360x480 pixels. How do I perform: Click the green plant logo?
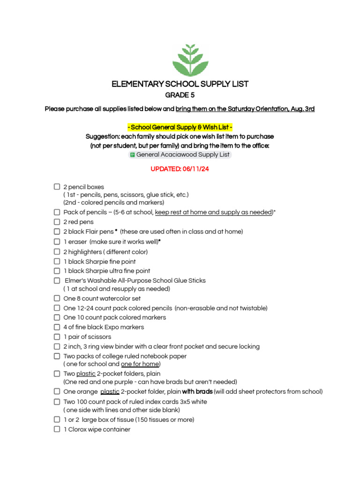tap(190, 60)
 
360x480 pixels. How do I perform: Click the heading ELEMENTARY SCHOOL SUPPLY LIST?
tap(180, 84)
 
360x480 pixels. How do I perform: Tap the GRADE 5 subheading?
tap(180, 95)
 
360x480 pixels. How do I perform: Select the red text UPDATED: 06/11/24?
tap(180, 169)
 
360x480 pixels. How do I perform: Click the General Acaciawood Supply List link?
tap(183, 155)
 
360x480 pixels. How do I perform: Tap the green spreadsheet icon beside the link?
tap(132, 155)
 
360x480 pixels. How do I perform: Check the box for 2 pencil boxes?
tap(57, 187)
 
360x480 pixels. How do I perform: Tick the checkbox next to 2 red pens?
tap(57, 222)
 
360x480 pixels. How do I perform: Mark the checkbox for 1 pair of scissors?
tap(57, 337)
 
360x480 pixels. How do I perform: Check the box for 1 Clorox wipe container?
tap(57, 429)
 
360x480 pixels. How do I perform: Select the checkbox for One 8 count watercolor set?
tap(57, 298)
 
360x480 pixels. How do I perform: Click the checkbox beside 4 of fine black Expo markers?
tap(57, 327)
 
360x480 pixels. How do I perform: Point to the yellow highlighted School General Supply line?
tap(180, 127)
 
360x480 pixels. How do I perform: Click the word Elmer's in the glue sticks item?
tap(75, 280)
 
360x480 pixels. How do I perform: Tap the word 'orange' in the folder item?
tap(87, 392)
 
